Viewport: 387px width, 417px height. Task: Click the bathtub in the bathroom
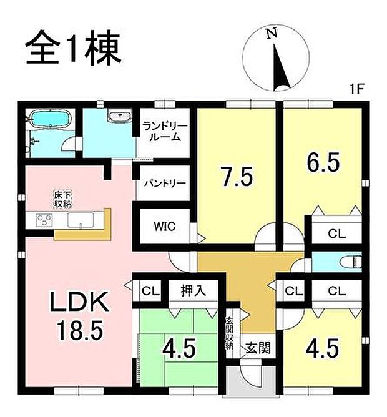click(48, 120)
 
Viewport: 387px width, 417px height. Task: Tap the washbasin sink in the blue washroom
click(118, 115)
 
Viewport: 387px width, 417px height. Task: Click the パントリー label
click(164, 184)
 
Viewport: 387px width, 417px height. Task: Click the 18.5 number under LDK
click(80, 330)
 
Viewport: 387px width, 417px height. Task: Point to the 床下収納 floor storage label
click(62, 200)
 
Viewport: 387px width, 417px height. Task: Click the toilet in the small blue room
click(353, 260)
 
